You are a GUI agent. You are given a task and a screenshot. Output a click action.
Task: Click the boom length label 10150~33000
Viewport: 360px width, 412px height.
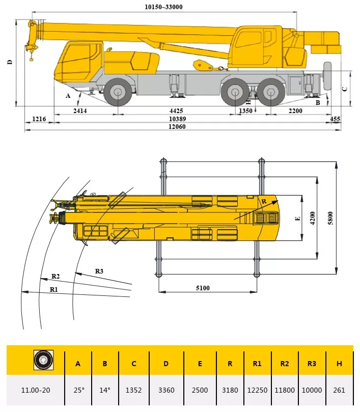163,7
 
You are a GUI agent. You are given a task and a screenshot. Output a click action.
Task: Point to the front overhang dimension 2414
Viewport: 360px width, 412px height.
80,111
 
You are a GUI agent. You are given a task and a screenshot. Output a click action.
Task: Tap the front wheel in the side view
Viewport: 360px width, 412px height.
118,92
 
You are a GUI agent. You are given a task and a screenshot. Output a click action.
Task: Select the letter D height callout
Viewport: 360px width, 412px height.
9,62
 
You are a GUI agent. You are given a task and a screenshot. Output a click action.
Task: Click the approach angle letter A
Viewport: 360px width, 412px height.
67,95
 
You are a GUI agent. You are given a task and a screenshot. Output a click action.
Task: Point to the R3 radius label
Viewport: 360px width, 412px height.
99,271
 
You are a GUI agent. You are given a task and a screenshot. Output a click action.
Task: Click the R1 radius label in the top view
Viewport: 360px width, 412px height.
54,289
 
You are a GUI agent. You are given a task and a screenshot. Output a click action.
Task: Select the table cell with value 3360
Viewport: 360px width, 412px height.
167,390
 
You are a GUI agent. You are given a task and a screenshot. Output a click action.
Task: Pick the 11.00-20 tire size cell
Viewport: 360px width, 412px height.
35,390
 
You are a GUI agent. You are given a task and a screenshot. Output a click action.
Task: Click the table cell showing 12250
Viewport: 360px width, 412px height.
257,390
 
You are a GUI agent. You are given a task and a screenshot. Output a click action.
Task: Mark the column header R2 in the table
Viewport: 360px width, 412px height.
285,364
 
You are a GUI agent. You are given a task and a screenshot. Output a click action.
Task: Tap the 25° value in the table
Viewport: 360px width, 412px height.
78,390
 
